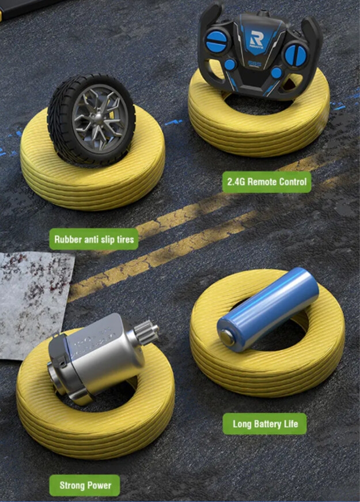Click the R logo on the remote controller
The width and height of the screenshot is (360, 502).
tap(257, 39)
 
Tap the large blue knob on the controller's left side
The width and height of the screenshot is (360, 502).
tap(217, 41)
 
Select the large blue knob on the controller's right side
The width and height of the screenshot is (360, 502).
tap(295, 55)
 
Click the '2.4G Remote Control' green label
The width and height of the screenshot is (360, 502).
tap(267, 182)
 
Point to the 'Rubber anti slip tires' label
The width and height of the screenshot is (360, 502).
tap(94, 239)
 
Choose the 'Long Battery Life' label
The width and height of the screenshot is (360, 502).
tap(264, 424)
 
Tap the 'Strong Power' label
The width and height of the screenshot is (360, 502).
tap(85, 485)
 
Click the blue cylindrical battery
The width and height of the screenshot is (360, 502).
tap(268, 309)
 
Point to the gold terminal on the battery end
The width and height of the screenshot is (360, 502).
tap(227, 338)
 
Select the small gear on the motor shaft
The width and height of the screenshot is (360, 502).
tap(146, 333)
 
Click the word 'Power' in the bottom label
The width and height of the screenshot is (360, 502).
tap(99, 485)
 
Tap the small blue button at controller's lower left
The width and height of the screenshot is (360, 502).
tap(230, 65)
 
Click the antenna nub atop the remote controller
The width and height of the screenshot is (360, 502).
tap(263, 13)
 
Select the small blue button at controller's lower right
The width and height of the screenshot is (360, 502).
tap(276, 73)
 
